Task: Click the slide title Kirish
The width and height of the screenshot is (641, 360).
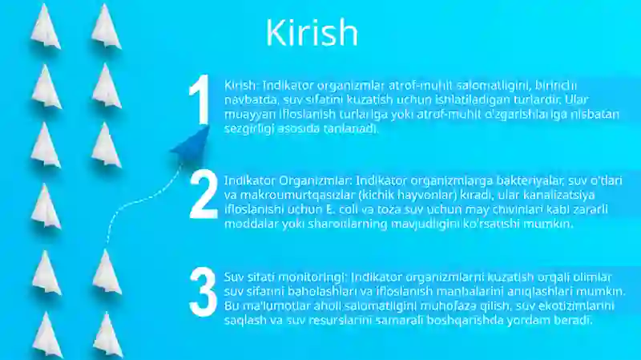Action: point(312,33)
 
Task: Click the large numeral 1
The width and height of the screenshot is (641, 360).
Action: point(199,103)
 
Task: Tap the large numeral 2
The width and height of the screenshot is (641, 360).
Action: point(204,196)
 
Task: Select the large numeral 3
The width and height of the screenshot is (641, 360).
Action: point(203,291)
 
